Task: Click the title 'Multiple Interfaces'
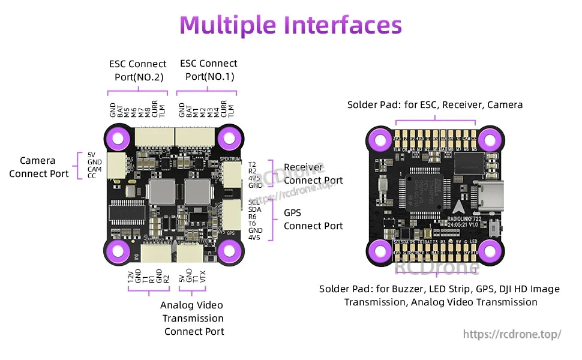pyautogui.click(x=291, y=25)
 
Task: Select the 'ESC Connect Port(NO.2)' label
pyautogui.click(x=138, y=70)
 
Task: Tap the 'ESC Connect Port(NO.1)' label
pyautogui.click(x=209, y=70)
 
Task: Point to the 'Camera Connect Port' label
pyautogui.click(x=38, y=167)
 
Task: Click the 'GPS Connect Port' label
pyautogui.click(x=313, y=220)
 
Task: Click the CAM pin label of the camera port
pyautogui.click(x=95, y=169)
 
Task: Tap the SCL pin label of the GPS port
pyautogui.click(x=254, y=202)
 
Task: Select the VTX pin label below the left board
pyautogui.click(x=203, y=277)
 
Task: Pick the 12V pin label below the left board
pyautogui.click(x=131, y=277)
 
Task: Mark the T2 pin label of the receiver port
pyautogui.click(x=252, y=164)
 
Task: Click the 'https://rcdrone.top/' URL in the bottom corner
pyautogui.click(x=512, y=334)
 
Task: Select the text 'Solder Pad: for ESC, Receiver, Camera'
pyautogui.click(x=435, y=105)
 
